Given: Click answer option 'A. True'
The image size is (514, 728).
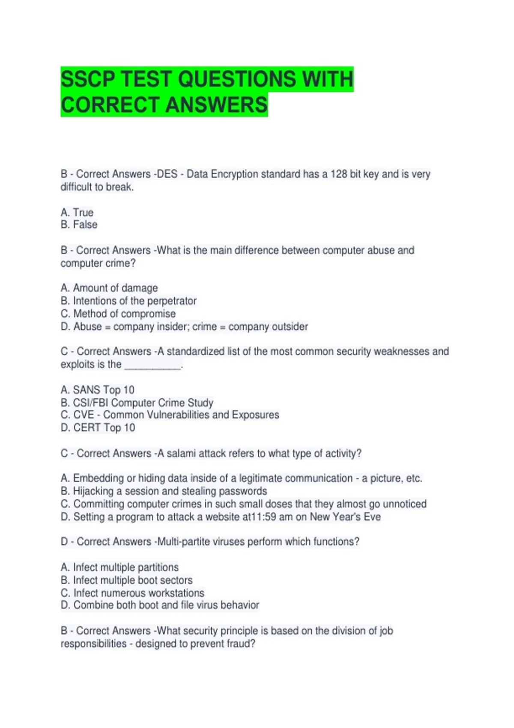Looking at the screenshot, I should [77, 212].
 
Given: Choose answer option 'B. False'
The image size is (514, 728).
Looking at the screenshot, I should [79, 225].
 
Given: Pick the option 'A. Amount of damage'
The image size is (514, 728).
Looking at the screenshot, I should [109, 288].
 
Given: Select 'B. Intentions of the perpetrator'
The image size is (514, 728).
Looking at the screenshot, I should [128, 301].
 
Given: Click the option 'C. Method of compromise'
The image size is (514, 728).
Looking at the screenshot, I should [118, 314].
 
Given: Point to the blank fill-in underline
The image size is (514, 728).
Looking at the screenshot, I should [152, 365].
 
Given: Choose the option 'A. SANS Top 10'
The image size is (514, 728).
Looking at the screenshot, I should [98, 390].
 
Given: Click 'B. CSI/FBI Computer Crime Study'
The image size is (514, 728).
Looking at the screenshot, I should [137, 403].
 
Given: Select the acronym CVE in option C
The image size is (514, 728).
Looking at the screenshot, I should [84, 415].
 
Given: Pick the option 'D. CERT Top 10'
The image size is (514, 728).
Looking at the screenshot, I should [98, 428].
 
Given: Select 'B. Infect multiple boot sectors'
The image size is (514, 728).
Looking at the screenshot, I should [127, 580].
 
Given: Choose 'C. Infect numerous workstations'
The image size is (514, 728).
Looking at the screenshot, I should [133, 593].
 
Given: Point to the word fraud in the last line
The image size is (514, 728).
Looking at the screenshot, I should [242, 644].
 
